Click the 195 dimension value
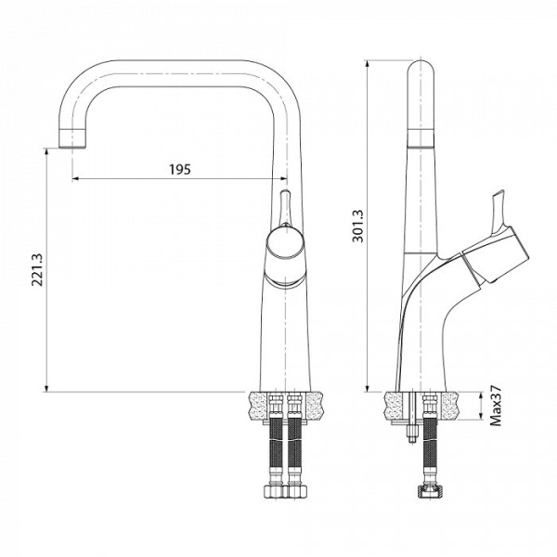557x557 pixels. point(180,169)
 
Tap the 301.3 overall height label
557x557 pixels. point(358,224)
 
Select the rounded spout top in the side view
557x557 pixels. point(422,74)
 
